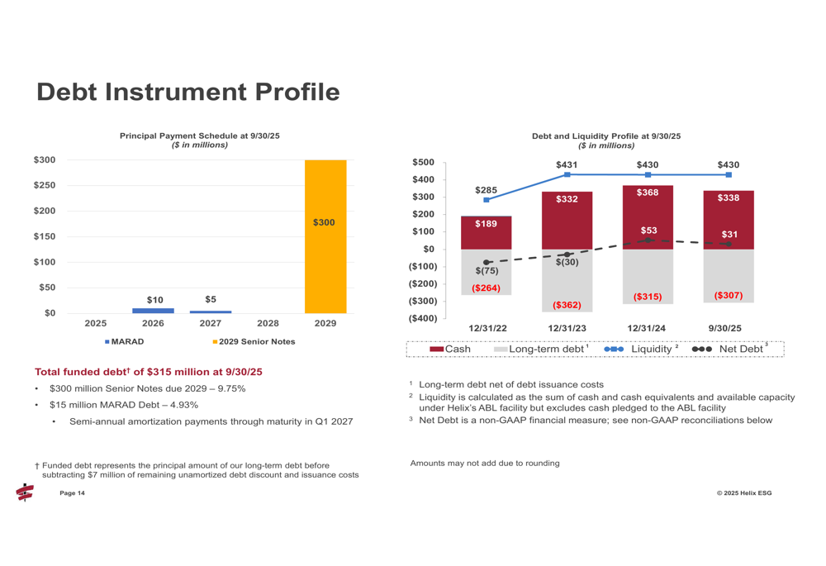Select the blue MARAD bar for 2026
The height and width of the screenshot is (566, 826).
click(153, 311)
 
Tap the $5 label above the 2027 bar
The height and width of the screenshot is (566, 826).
click(211, 299)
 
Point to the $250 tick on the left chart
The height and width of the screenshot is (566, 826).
click(44, 185)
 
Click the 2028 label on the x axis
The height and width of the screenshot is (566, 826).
click(268, 324)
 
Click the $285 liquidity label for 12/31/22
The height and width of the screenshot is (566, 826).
click(486, 190)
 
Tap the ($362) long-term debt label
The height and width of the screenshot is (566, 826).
click(567, 305)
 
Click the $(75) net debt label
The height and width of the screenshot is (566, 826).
click(487, 271)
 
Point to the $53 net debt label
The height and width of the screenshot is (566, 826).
click(648, 231)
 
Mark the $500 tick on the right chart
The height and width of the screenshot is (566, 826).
click(423, 163)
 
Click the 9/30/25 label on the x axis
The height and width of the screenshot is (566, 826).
click(724, 328)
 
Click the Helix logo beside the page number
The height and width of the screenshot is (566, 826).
click(25, 493)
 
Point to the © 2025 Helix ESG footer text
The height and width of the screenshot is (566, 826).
click(744, 493)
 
